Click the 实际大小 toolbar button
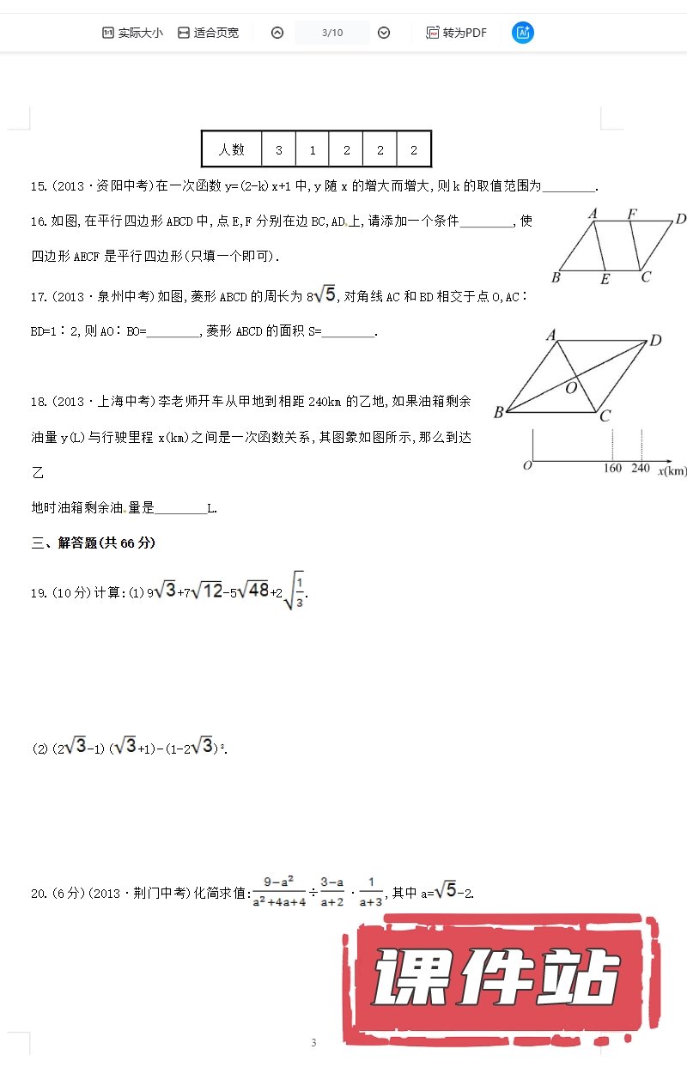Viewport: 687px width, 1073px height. [132, 33]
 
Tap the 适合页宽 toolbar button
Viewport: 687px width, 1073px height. [208, 33]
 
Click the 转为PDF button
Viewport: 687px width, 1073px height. [456, 33]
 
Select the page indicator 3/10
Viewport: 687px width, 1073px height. [332, 33]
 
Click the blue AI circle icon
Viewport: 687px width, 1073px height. [523, 33]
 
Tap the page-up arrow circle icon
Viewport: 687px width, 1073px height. [277, 33]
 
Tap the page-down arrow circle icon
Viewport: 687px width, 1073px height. [384, 33]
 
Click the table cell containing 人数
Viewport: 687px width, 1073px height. [232, 149]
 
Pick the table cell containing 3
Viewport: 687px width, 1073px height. [279, 149]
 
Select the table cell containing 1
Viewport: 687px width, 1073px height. [313, 149]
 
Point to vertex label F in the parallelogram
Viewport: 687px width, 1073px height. [632, 214]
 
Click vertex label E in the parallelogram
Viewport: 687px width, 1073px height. [605, 279]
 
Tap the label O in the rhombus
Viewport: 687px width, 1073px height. [570, 388]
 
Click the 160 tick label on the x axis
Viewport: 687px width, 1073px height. [612, 469]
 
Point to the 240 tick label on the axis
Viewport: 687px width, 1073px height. [641, 469]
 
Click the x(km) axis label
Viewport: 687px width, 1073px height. [672, 470]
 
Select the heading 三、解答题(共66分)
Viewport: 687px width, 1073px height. [94, 543]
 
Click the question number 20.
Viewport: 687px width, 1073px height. [38, 894]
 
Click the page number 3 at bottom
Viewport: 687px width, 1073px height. [313, 1043]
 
